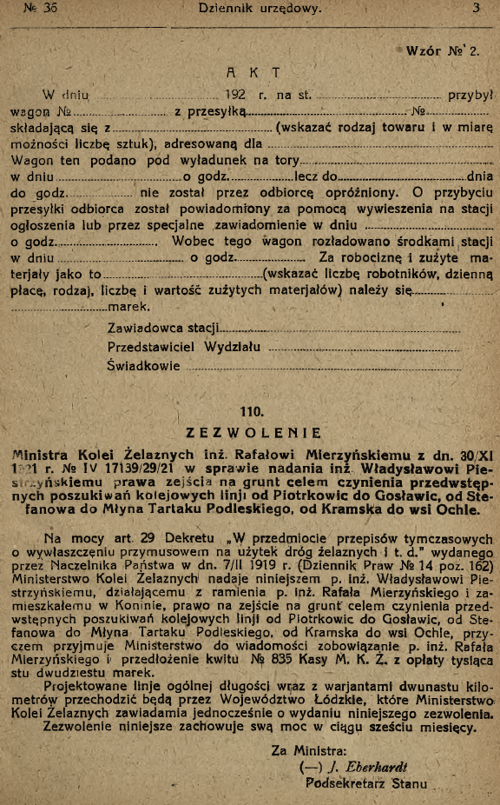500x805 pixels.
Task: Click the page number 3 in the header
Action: tap(477, 8)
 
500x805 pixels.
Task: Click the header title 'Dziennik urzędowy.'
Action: tap(260, 9)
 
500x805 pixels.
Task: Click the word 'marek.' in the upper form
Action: tap(127, 307)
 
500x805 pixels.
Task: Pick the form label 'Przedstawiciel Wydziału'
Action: tap(186, 347)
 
